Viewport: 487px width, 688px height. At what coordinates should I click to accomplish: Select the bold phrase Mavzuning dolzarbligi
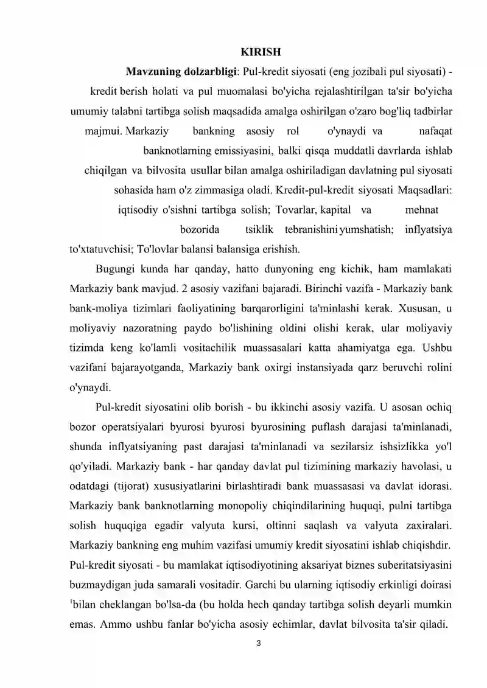181,71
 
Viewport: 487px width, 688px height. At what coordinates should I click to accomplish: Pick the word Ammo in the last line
103,625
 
